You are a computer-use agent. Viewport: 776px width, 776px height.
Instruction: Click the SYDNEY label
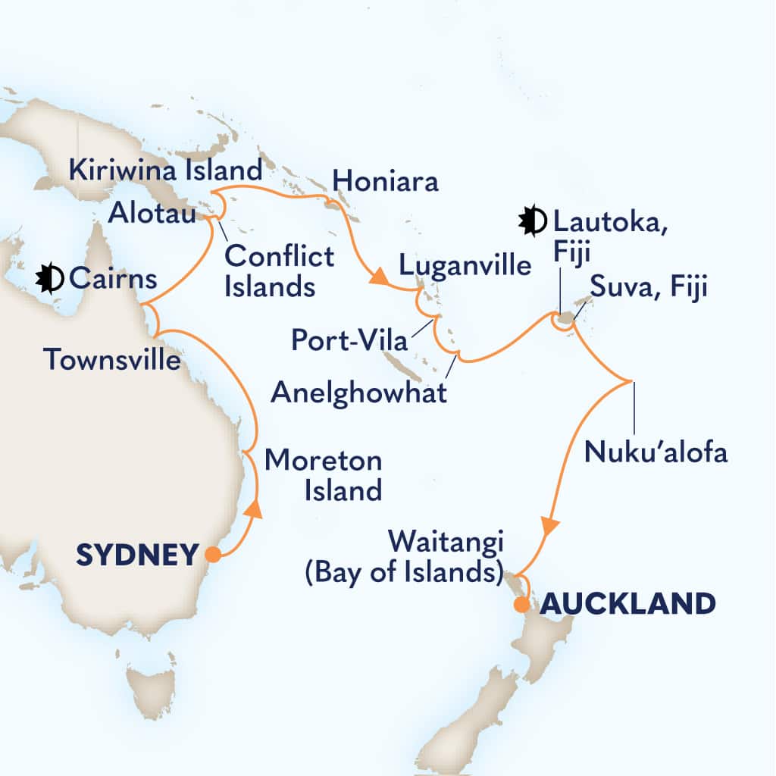[137, 555]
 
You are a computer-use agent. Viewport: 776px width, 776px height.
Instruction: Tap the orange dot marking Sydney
[214, 555]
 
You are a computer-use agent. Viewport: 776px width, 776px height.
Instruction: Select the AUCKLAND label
[627, 604]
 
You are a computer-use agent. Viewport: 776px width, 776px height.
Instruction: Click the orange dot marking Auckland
[521, 605]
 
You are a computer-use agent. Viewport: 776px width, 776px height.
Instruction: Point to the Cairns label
[113, 280]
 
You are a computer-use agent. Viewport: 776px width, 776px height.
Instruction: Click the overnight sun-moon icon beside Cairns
[50, 280]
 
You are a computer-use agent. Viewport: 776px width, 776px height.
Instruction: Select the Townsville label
[113, 359]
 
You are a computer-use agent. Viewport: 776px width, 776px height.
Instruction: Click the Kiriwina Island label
[165, 168]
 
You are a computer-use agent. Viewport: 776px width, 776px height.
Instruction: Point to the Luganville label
[464, 265]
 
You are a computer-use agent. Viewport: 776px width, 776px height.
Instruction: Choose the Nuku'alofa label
[656, 452]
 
